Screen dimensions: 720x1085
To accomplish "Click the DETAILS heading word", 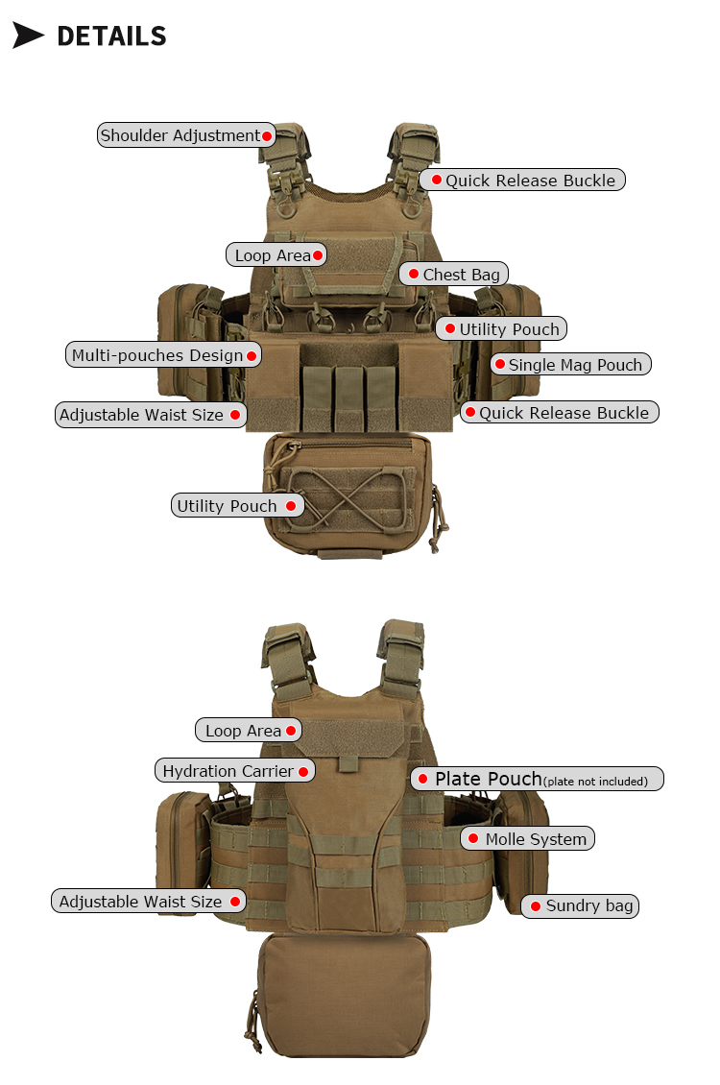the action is click(x=111, y=36).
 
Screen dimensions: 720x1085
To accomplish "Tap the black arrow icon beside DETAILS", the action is click(x=29, y=36).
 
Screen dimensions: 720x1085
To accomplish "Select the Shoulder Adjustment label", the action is click(x=186, y=135).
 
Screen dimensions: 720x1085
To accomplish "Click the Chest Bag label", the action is click(x=454, y=274).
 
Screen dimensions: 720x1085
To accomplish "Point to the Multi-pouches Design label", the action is click(x=163, y=355).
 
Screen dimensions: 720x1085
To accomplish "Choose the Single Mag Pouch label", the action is click(x=570, y=364).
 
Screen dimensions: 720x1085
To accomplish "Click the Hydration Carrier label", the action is click(x=234, y=771).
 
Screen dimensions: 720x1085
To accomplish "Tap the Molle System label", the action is click(x=527, y=838).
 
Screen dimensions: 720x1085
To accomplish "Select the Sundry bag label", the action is click(x=580, y=905).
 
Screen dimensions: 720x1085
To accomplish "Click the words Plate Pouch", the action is click(x=489, y=779).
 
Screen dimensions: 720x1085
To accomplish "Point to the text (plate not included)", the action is click(x=595, y=782).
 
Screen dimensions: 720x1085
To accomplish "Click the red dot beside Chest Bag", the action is click(x=414, y=274).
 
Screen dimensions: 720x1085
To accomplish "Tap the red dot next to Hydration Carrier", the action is click(x=303, y=772).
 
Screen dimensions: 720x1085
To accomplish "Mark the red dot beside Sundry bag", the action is click(x=536, y=905).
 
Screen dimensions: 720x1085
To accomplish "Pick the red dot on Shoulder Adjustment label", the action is click(x=266, y=135).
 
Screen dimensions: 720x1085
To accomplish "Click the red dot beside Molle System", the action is click(x=473, y=838).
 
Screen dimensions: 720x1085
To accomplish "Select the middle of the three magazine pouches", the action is click(x=348, y=398).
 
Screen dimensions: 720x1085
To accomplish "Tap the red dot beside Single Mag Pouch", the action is click(x=500, y=364).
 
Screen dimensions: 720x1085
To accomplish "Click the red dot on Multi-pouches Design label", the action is click(x=252, y=355).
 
